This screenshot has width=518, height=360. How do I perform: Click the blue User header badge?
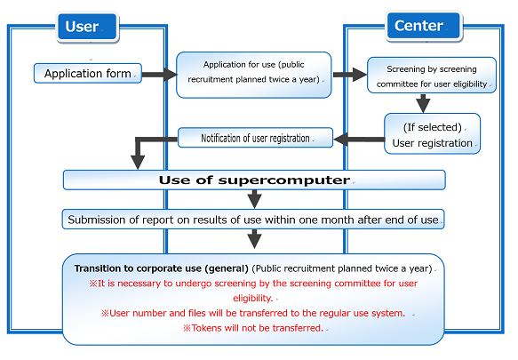click(87, 27)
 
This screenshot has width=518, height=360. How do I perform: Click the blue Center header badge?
click(424, 26)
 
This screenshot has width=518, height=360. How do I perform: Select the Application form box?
click(88, 74)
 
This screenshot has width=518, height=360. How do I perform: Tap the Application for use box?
click(254, 75)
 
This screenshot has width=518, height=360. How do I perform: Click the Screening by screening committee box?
click(432, 75)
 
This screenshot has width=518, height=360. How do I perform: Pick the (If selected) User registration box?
click(432, 133)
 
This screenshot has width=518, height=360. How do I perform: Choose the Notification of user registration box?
click(255, 138)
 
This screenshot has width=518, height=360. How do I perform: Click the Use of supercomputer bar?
click(254, 180)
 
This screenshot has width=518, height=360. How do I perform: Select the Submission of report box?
click(253, 220)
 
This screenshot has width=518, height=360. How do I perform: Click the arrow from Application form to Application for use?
click(160, 75)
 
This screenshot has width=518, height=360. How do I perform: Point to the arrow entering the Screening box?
click(349, 75)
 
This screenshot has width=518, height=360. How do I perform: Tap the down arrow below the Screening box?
click(423, 103)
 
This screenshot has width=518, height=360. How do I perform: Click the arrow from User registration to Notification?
click(359, 140)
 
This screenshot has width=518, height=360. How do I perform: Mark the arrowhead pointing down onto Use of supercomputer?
click(138, 162)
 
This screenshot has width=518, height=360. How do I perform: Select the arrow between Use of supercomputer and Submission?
click(254, 199)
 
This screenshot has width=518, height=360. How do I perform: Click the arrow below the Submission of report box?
click(254, 239)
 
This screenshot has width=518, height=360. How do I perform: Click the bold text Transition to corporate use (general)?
click(161, 268)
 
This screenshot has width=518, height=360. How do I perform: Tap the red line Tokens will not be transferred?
click(253, 328)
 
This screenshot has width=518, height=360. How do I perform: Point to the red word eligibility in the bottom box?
click(252, 298)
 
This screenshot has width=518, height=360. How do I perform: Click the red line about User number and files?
click(253, 313)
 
